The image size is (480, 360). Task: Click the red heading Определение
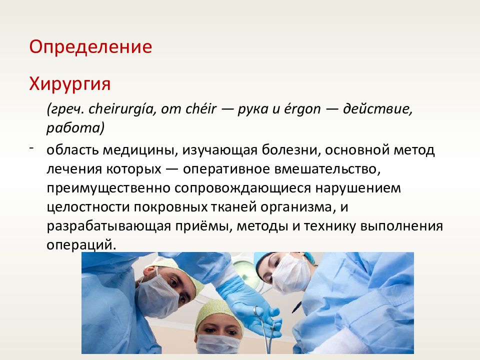tap(90, 47)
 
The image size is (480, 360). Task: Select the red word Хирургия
tap(70, 83)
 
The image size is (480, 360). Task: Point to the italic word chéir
tap(201, 109)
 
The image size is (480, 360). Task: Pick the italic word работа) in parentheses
tap(75, 128)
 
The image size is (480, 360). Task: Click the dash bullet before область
tap(31, 148)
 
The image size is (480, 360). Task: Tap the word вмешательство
tap(327, 169)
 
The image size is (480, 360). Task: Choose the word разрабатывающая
tap(108, 226)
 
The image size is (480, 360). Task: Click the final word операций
tap(81, 245)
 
